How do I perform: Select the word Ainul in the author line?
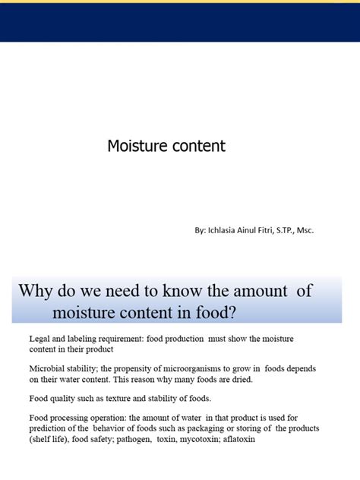pyautogui.click(x=256, y=230)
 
